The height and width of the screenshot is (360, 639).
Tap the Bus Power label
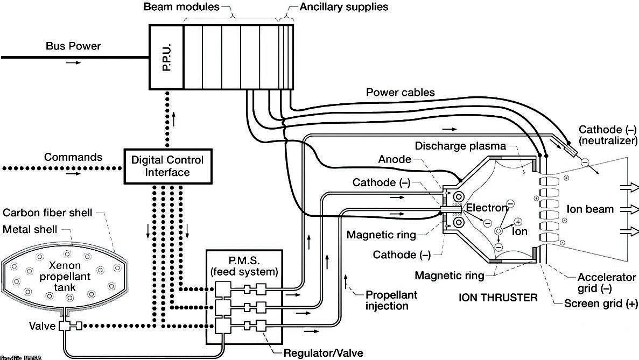point(73,46)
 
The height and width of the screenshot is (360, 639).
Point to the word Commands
point(73,158)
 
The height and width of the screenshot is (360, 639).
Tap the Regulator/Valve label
point(323,353)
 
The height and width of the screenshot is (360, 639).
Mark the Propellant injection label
point(391,300)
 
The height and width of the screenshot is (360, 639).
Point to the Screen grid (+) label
point(600,303)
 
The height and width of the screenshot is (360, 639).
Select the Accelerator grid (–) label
point(606,283)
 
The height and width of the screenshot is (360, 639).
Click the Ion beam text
point(591,209)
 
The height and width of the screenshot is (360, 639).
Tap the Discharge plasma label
point(460,146)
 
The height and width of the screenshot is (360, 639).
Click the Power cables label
point(400,93)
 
